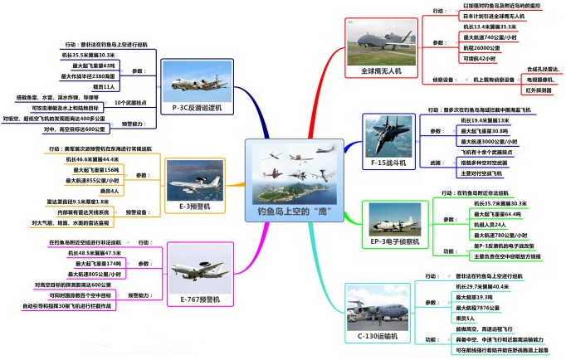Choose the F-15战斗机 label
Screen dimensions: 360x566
click(388, 163)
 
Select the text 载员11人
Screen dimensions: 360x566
click(103, 85)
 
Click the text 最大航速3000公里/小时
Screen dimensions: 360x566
click(489, 142)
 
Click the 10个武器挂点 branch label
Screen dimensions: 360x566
click(132, 103)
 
